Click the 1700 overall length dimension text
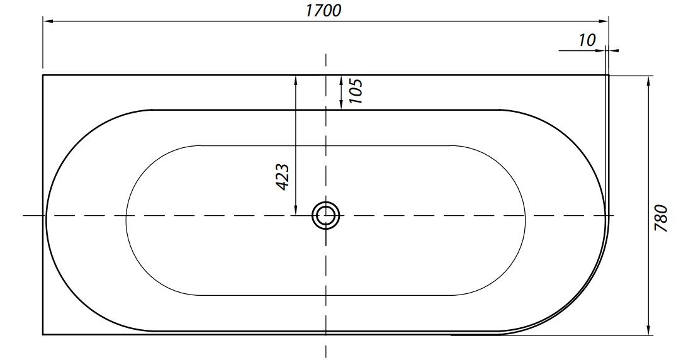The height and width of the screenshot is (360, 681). point(325,11)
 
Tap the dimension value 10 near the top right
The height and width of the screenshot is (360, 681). point(586,40)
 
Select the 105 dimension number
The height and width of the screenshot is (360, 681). point(356,92)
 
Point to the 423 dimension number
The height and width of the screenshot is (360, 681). point(283,177)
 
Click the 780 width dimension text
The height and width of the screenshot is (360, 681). point(661,218)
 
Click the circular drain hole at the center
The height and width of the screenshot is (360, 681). point(325,216)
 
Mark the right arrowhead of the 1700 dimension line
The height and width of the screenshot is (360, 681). point(605,22)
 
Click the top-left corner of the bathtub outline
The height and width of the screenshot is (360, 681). point(43,75)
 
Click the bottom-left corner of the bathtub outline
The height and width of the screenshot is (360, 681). point(43,335)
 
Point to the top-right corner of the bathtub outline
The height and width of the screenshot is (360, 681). point(609,75)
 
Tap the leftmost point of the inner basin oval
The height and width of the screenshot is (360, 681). point(127,220)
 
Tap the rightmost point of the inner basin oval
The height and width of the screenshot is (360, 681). point(525,220)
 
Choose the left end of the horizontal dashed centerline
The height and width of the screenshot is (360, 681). point(24,216)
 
